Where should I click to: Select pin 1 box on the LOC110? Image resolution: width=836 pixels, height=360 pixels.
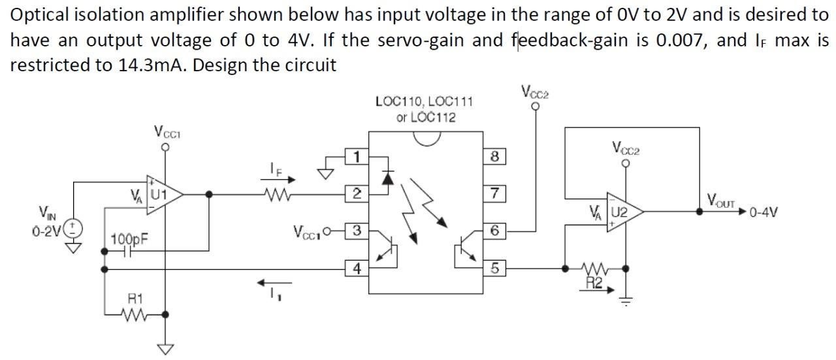[356, 157]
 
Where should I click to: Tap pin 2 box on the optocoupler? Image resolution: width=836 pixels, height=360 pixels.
[356, 193]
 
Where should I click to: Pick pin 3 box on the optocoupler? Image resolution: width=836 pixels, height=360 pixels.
[356, 230]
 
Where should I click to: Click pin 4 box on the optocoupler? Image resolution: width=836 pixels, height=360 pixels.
[356, 267]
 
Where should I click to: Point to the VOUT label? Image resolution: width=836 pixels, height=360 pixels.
[721, 202]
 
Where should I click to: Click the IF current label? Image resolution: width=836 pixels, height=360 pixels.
[276, 168]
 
